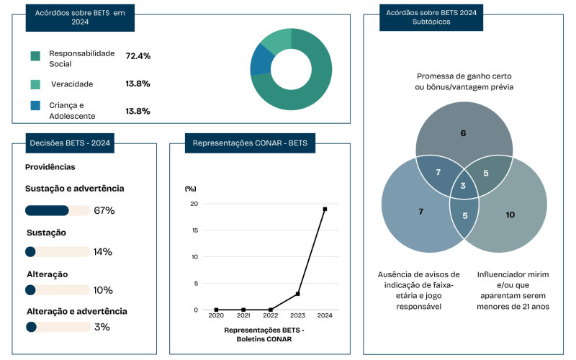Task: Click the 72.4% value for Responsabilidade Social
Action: click(138, 55)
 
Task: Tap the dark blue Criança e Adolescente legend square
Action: click(35, 106)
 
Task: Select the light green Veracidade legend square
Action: click(35, 84)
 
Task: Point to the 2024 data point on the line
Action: click(325, 209)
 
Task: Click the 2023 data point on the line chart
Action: click(297, 294)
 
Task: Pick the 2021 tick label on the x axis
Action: click(243, 316)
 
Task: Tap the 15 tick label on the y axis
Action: click(192, 230)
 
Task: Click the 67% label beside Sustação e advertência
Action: click(104, 210)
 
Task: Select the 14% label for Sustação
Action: click(103, 251)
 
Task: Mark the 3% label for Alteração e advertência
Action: click(102, 327)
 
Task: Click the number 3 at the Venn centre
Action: click(464, 187)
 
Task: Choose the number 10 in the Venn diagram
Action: click(510, 215)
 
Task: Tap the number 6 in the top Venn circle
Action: click(463, 133)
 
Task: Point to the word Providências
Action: click(50, 166)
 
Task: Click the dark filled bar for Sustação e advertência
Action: click(47, 210)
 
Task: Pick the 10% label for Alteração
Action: click(103, 290)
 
